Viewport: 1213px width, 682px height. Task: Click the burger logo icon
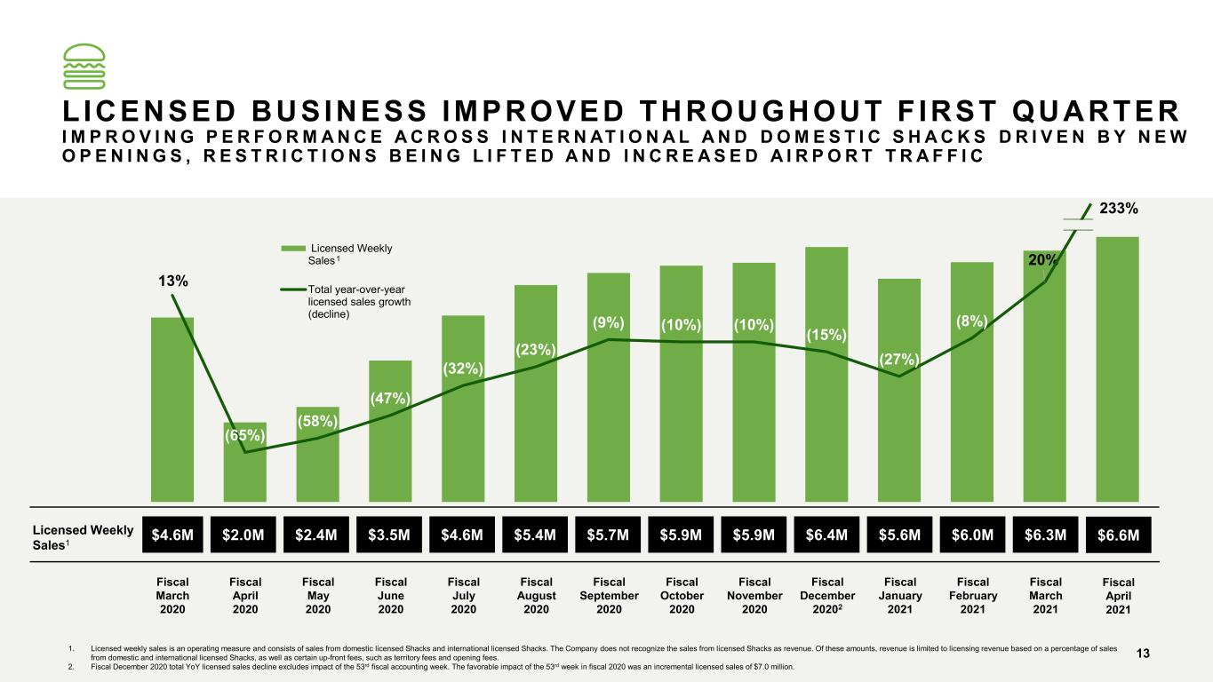tap(84, 66)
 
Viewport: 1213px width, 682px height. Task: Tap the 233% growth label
tap(1119, 209)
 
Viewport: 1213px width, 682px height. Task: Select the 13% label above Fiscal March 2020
tap(172, 281)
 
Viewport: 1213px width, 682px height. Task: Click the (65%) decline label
tap(244, 435)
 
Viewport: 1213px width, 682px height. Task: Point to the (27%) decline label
tap(899, 360)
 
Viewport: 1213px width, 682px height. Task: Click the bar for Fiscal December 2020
tap(826, 374)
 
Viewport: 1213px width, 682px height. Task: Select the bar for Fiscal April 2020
tap(244, 462)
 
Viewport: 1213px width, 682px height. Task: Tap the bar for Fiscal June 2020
tap(390, 431)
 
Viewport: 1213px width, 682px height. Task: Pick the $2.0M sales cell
tap(243, 535)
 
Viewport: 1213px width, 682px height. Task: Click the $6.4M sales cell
tap(826, 535)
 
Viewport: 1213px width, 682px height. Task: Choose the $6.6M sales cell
tap(1118, 535)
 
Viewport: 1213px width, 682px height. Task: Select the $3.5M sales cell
tap(389, 535)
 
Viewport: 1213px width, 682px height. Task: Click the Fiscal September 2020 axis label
tap(610, 595)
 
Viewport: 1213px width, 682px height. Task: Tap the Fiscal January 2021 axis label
tap(900, 595)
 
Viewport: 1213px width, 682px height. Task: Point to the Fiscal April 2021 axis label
tap(1118, 595)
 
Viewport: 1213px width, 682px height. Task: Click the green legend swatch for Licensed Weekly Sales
tap(293, 249)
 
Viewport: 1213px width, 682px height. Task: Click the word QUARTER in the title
tap(1096, 112)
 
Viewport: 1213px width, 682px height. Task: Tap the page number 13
tap(1143, 654)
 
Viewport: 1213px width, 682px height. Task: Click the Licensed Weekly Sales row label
tap(83, 537)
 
